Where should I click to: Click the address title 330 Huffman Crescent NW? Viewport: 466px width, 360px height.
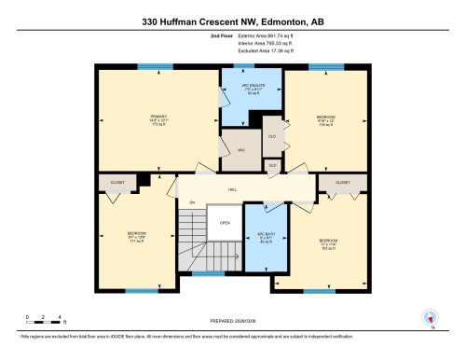point(232,20)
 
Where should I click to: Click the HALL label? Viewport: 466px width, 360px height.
point(233,188)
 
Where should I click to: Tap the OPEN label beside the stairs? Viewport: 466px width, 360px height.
point(225,223)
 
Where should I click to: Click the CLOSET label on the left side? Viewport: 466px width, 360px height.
point(117,183)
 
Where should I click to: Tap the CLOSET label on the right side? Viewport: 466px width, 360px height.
point(342,183)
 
